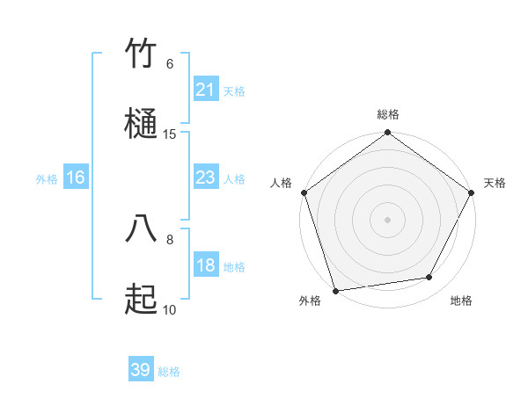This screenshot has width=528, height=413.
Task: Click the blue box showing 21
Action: click(x=205, y=90)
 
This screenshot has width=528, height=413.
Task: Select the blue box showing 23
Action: click(x=205, y=178)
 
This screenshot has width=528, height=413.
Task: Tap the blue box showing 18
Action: click(x=205, y=265)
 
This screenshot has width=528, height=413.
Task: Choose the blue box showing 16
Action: click(x=76, y=178)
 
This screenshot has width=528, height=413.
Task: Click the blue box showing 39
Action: click(x=140, y=370)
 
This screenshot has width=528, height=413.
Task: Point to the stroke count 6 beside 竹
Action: click(x=170, y=63)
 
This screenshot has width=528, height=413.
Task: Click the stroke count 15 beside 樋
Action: click(x=170, y=134)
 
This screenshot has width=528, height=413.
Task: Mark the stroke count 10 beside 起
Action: click(x=170, y=309)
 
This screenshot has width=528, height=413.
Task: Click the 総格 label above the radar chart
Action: click(x=388, y=114)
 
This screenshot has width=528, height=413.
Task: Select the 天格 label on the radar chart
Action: click(x=495, y=183)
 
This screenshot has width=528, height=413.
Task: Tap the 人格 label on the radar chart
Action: click(x=282, y=183)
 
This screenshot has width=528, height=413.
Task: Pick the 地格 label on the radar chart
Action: click(x=461, y=301)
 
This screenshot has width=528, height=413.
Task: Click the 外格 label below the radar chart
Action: click(x=310, y=301)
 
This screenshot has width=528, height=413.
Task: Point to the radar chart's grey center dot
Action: click(x=387, y=219)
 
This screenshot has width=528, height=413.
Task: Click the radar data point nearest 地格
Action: click(x=429, y=278)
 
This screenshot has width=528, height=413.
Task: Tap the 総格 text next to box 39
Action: click(x=169, y=372)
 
